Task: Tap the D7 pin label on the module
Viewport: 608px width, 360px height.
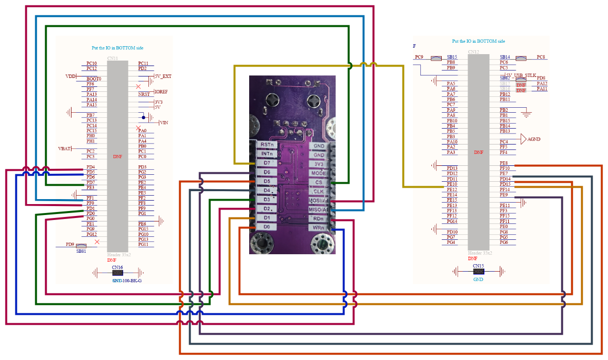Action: [267, 163]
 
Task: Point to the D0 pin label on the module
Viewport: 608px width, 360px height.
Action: [267, 227]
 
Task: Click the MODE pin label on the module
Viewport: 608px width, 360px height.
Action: [318, 173]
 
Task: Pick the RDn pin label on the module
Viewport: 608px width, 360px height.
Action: [318, 218]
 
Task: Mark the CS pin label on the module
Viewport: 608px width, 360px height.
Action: [318, 182]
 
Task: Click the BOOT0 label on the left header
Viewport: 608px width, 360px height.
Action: [93, 79]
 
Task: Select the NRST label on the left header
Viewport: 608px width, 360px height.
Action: [144, 94]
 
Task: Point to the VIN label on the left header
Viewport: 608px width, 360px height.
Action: [164, 123]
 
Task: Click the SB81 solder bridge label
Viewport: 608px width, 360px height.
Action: [81, 251]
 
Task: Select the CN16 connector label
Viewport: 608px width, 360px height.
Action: [117, 267]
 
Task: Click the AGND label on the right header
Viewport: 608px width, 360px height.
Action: [534, 140]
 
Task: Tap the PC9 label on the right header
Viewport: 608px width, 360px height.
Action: [419, 57]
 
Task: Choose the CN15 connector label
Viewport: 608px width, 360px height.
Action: [478, 266]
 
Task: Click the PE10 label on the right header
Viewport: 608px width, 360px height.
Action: [452, 184]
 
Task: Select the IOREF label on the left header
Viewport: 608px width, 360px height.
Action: [161, 92]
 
